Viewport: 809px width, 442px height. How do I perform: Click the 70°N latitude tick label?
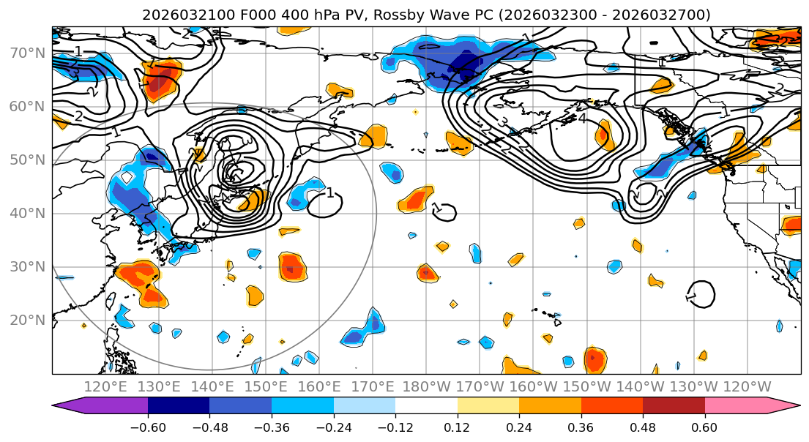click(26, 53)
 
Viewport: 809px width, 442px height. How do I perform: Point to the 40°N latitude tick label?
click(26, 213)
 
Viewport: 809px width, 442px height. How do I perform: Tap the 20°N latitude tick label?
click(26, 320)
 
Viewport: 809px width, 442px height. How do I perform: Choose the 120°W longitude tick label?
click(747, 386)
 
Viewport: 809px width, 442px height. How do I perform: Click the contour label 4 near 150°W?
click(582, 118)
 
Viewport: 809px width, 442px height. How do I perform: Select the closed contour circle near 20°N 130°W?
click(701, 294)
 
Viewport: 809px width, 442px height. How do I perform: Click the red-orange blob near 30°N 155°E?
click(291, 267)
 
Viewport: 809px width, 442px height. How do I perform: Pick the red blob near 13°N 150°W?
click(594, 359)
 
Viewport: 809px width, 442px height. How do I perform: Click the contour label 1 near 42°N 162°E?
click(330, 192)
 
